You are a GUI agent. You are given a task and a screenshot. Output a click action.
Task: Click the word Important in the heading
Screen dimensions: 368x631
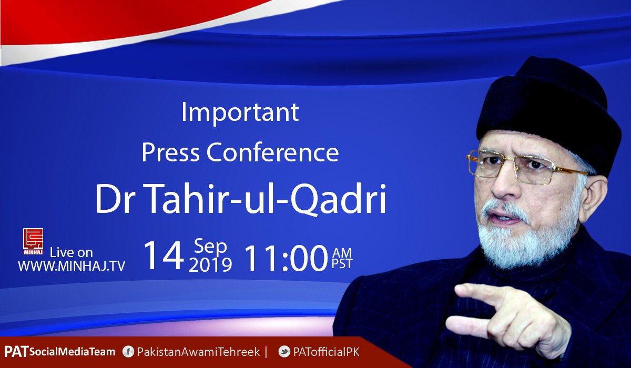240,113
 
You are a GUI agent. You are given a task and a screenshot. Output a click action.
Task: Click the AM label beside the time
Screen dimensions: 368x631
342,249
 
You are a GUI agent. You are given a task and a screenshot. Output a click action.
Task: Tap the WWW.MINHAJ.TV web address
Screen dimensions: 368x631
72,266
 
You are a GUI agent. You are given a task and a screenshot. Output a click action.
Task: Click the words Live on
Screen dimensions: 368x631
71,252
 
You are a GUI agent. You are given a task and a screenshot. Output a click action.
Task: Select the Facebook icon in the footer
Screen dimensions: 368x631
127,352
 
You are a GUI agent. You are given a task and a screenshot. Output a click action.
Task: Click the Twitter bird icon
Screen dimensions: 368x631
284,352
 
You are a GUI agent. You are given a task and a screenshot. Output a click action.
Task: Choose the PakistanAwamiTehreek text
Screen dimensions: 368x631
198,352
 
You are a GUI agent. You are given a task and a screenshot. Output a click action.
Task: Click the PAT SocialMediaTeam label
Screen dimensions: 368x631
59,352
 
